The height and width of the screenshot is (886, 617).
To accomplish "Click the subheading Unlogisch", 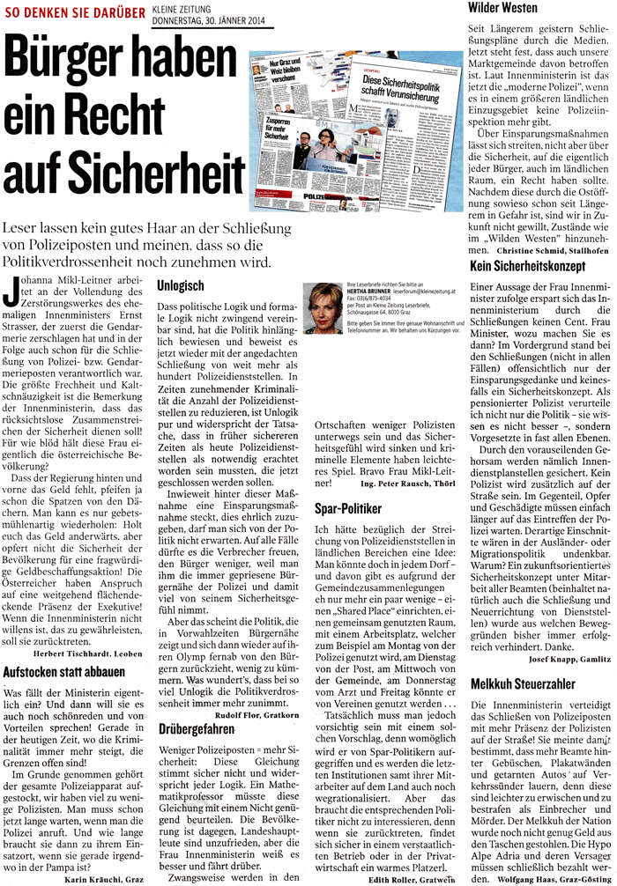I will pos(181,287).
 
